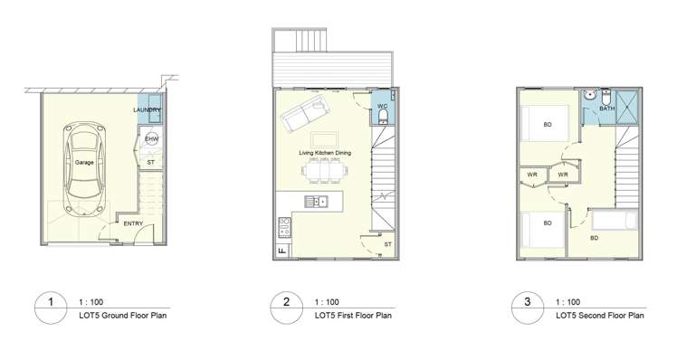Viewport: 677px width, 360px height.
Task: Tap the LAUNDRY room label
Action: point(148,110)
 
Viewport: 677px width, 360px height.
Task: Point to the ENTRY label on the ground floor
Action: point(132,223)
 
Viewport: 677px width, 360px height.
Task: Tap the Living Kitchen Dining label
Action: point(325,153)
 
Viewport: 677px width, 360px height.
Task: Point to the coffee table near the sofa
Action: point(324,138)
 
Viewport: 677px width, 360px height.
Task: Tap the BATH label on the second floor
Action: point(606,109)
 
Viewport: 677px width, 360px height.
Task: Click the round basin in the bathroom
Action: point(589,93)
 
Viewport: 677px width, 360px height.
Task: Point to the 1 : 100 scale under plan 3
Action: point(567,302)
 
